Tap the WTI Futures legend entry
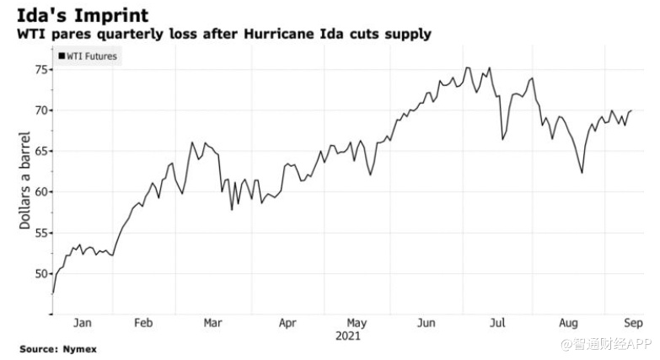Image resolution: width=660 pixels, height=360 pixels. pos(87,56)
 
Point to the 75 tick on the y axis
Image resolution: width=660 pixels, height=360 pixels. pos(40,69)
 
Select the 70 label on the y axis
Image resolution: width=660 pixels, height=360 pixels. pos(40,110)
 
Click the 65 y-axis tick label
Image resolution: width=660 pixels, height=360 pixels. pos(40,151)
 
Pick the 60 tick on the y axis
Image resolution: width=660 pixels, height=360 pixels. pos(40,192)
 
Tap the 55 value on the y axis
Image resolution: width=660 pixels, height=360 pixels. pos(40,233)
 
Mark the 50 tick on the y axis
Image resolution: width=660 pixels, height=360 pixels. pos(40,274)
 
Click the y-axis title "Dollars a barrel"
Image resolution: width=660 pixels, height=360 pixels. pos(24,180)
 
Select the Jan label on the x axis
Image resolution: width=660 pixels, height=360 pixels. pos(83,323)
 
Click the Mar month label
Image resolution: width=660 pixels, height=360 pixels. pos(213,323)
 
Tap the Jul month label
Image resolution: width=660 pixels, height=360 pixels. pos(499,323)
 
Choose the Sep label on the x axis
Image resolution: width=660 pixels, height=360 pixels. pos(634,323)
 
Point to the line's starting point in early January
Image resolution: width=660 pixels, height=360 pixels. pos(52,293)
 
